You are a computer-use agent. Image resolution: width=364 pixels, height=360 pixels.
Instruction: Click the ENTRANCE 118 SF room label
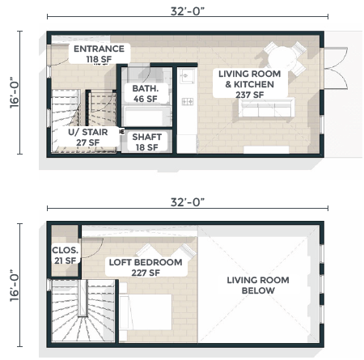(x=99, y=53)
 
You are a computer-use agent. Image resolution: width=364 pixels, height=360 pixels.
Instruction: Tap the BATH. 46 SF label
(x=146, y=93)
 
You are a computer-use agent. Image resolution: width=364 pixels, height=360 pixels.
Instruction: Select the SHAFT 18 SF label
(x=146, y=142)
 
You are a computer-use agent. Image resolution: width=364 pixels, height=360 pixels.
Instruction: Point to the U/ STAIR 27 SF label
(x=88, y=137)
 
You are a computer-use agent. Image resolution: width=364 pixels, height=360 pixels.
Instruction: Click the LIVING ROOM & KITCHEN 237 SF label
(x=250, y=84)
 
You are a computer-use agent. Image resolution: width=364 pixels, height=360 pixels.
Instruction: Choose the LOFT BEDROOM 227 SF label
(x=146, y=267)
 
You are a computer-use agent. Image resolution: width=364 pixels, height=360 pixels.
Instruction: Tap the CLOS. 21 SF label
(x=66, y=255)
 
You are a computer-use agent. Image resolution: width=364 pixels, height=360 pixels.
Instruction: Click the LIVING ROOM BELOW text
(x=258, y=285)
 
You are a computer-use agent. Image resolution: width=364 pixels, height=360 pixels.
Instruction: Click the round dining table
(x=282, y=58)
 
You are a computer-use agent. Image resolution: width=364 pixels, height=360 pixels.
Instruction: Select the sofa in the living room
(x=266, y=108)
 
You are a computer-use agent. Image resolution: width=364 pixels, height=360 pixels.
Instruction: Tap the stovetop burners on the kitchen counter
(x=188, y=102)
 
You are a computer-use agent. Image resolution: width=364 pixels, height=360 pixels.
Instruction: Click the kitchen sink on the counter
(x=188, y=76)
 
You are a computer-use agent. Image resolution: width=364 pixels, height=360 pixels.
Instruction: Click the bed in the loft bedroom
(x=146, y=311)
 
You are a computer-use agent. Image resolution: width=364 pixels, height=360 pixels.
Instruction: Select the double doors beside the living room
(x=336, y=68)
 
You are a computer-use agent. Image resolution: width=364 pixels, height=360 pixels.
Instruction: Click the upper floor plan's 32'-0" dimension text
(x=188, y=11)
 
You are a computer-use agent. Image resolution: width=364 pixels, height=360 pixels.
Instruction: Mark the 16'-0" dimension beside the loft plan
(x=15, y=286)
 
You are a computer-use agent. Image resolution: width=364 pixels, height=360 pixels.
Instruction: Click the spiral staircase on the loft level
(x=83, y=311)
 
